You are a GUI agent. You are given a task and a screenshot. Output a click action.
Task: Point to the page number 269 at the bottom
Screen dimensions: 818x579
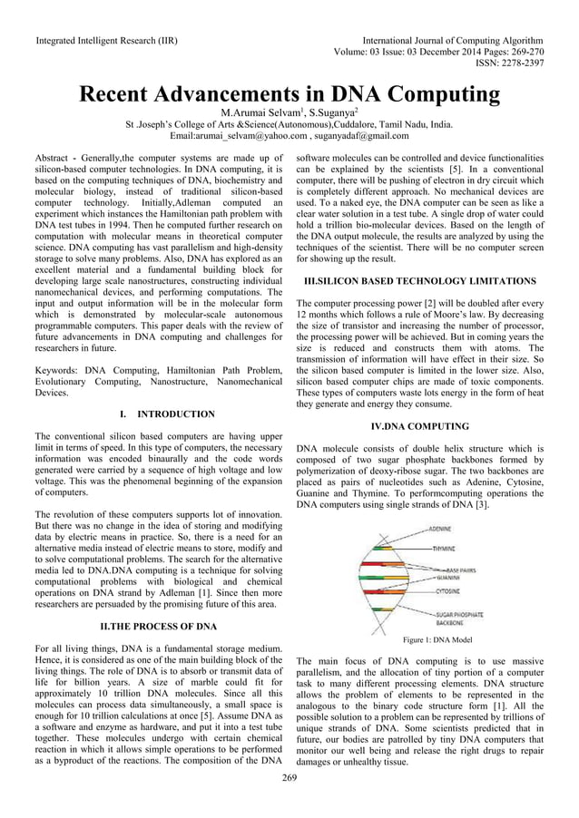289,777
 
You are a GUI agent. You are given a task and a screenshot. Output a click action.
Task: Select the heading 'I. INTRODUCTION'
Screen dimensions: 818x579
167,414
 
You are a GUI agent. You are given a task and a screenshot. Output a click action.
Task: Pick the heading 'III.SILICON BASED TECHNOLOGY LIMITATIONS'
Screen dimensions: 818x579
420,281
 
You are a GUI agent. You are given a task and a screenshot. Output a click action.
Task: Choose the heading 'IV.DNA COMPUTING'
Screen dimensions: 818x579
419,425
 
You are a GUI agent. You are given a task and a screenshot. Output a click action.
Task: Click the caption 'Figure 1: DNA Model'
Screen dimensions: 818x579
436,639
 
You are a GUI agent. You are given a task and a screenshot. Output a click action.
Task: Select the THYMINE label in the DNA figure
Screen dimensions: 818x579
444,549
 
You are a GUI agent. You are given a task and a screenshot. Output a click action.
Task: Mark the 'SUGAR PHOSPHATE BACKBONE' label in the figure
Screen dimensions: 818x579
459,618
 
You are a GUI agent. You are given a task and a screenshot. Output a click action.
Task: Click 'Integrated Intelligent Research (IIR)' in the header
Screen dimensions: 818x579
106,41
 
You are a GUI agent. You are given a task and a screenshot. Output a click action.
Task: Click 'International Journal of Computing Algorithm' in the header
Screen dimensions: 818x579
453,41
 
